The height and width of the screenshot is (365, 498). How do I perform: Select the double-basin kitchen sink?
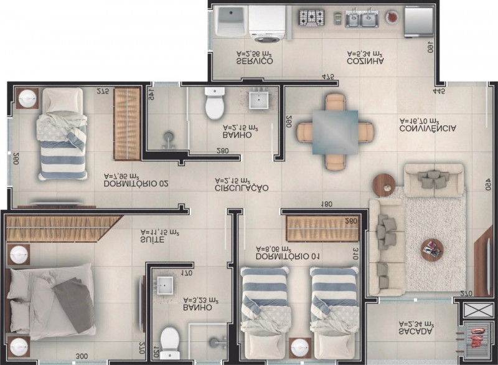point(361,19)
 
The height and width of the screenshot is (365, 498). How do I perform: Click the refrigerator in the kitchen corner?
point(418,21)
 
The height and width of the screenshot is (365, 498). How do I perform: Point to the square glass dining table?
point(335,131)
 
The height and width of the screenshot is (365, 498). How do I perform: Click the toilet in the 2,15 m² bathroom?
point(215,103)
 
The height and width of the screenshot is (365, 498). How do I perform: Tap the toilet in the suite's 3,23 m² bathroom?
point(169,341)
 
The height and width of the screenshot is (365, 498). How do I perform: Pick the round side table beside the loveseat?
point(384,183)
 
